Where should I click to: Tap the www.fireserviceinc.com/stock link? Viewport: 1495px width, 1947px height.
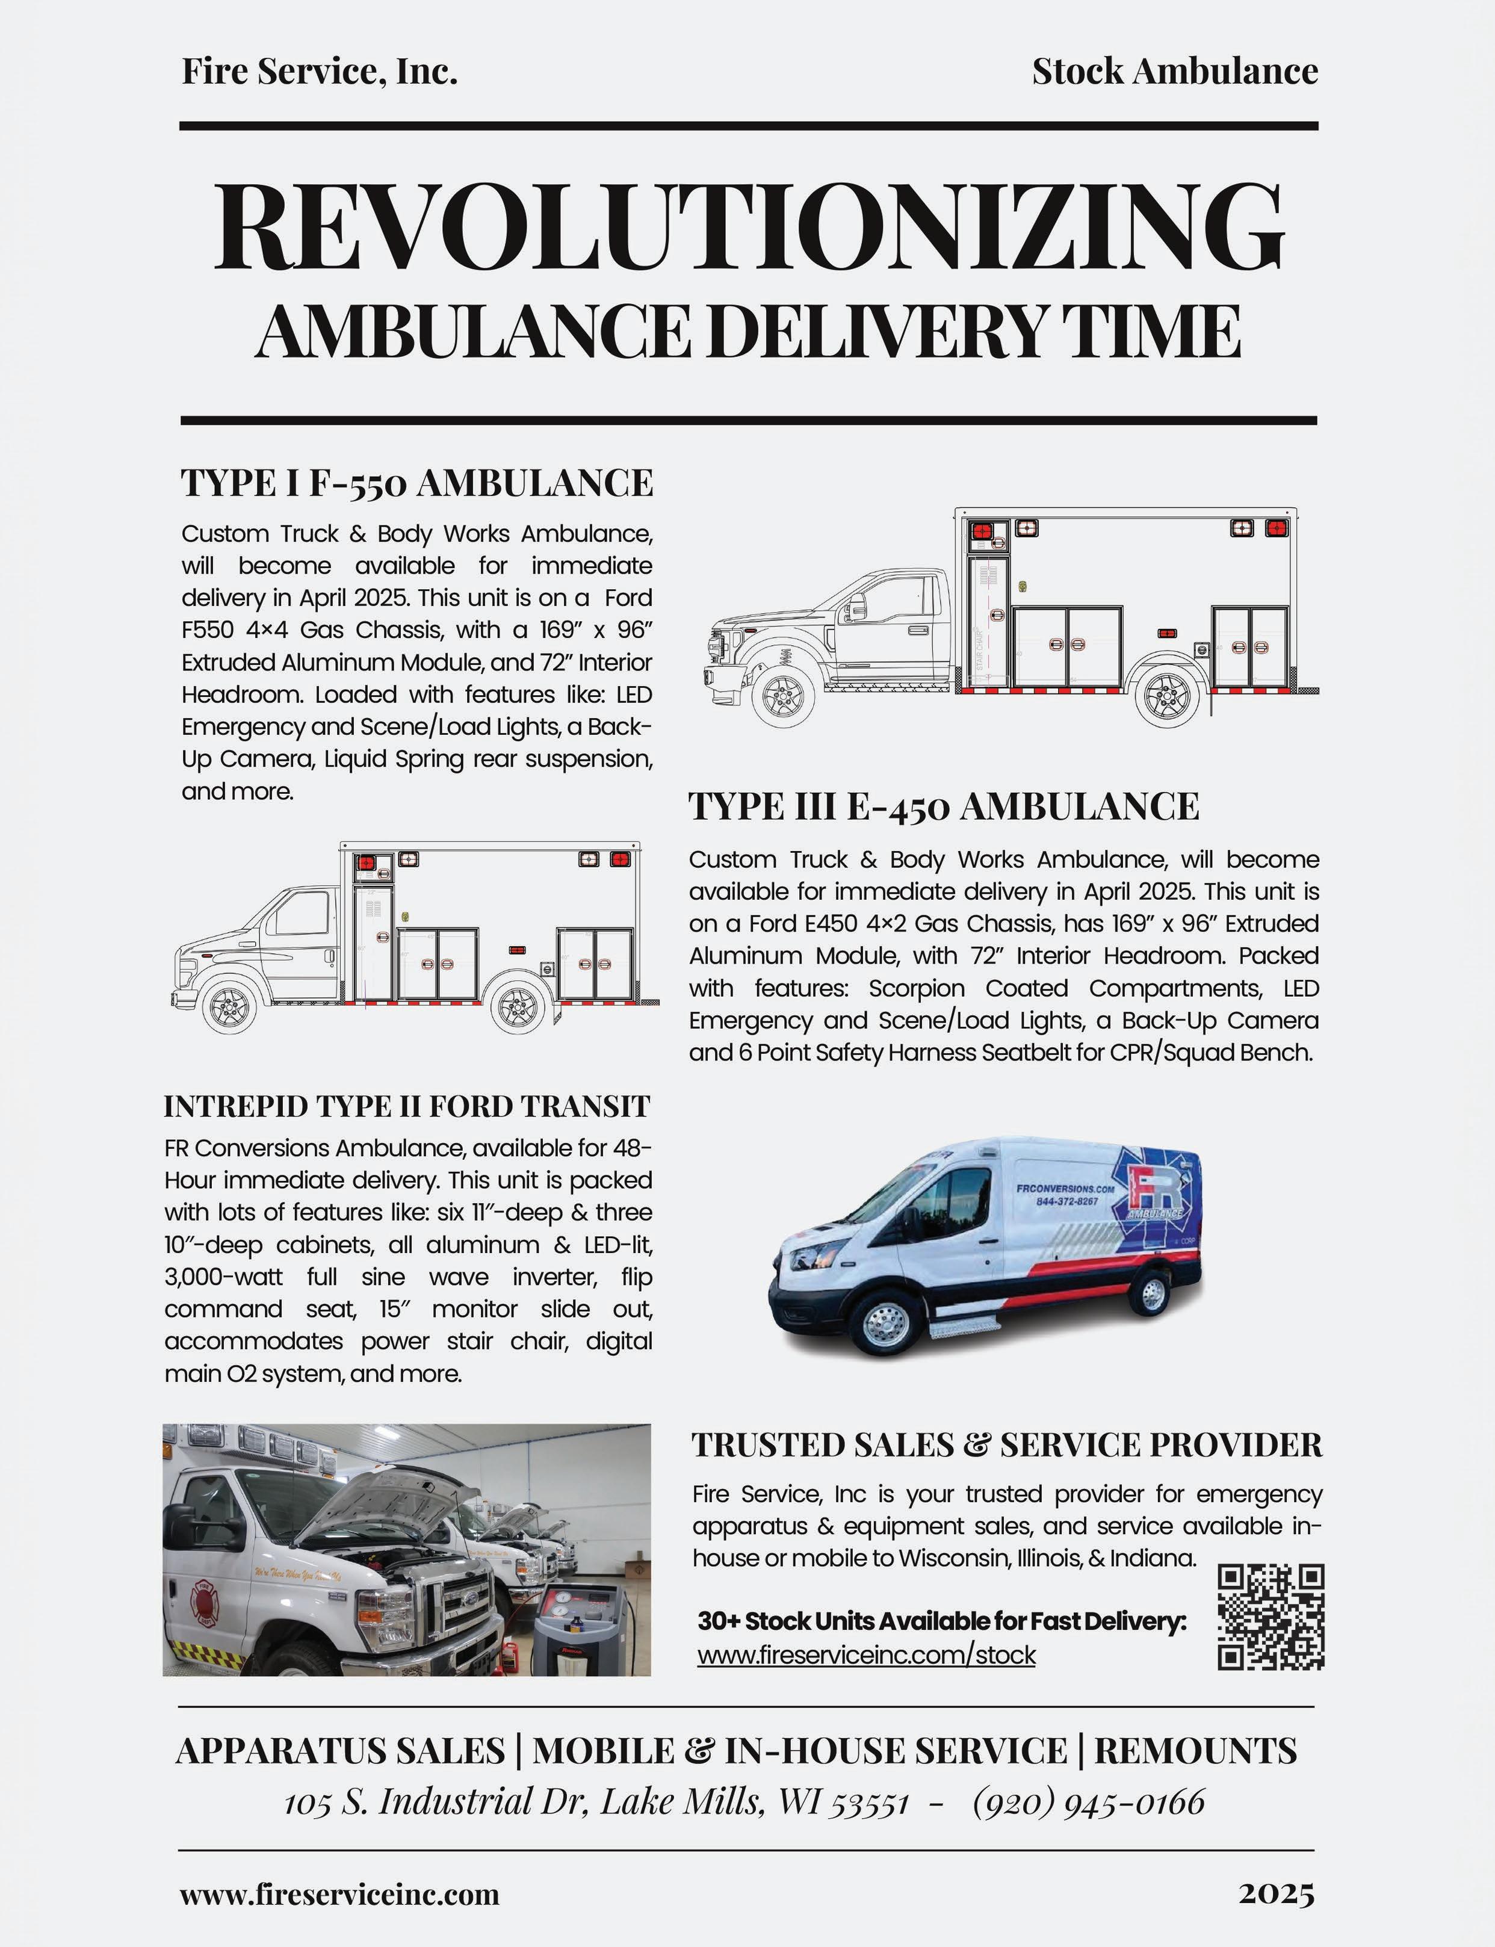tap(866, 1655)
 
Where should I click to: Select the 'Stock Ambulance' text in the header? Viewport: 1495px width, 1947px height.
tap(1175, 71)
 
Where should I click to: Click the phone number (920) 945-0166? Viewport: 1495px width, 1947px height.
tap(1088, 1802)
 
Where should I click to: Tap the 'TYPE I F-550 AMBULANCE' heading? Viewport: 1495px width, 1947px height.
tap(416, 483)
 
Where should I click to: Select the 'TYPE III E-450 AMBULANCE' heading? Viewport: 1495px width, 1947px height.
tap(943, 806)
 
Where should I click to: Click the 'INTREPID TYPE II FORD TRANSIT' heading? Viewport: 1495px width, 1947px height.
tap(407, 1106)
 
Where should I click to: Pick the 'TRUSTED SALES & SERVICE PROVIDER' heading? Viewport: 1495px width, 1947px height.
tap(1006, 1444)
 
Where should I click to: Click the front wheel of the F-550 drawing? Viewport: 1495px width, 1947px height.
tap(782, 694)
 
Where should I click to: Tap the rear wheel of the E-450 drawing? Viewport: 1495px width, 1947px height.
tap(519, 1006)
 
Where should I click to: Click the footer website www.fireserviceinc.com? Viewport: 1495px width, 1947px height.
tap(339, 1893)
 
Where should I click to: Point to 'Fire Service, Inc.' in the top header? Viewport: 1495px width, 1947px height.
tap(320, 71)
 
